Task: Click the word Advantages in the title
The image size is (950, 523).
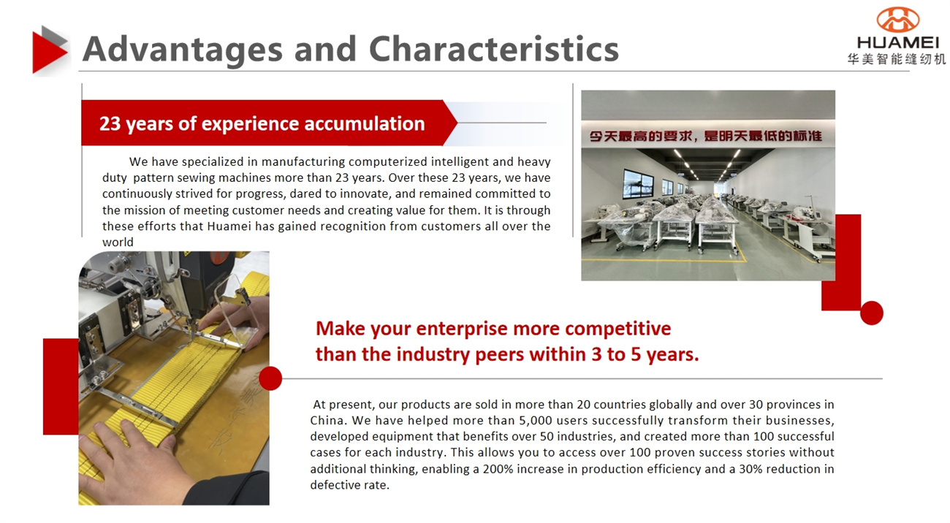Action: tap(183, 50)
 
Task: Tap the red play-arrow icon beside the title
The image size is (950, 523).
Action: tap(50, 50)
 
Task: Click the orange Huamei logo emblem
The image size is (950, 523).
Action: tap(898, 20)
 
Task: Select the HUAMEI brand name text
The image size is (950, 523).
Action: tap(898, 42)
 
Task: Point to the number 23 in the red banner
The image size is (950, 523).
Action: tap(110, 123)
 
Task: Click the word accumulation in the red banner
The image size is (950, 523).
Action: tap(365, 123)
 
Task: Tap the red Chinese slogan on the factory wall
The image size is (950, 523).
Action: tap(706, 136)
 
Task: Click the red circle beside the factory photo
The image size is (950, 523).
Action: tap(872, 313)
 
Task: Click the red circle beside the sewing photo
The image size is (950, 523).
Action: tap(270, 378)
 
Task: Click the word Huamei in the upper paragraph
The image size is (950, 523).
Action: tap(229, 226)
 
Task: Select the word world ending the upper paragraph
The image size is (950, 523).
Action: tap(118, 242)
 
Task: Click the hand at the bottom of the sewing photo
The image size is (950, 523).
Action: tap(136, 462)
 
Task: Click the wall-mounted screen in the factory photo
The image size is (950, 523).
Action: tap(638, 184)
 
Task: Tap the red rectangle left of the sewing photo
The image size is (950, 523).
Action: tap(61, 386)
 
